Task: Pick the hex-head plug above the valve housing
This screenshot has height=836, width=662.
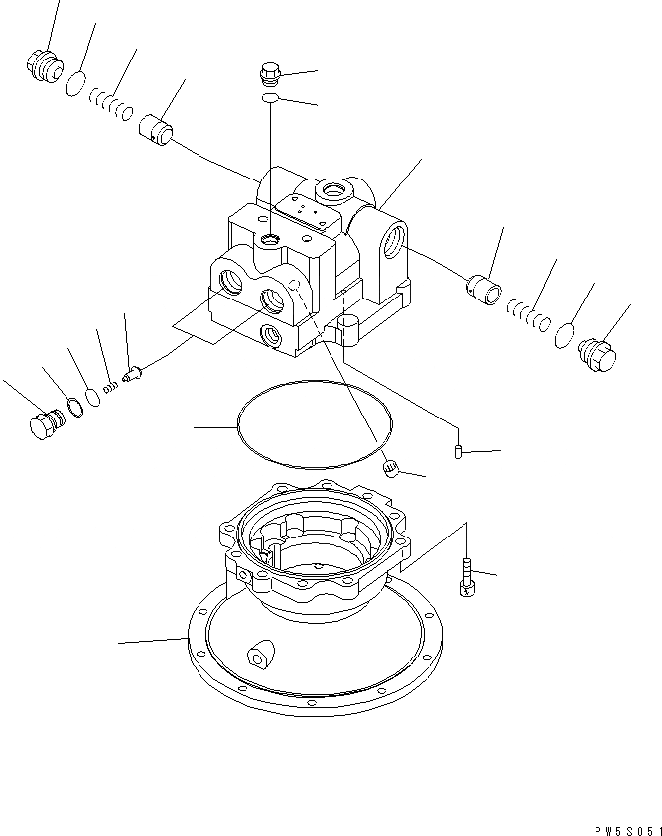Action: point(269,72)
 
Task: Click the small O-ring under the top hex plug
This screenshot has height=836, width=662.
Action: point(270,100)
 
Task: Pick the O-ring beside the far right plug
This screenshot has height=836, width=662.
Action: point(564,335)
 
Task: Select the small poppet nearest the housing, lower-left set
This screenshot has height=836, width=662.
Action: point(134,375)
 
